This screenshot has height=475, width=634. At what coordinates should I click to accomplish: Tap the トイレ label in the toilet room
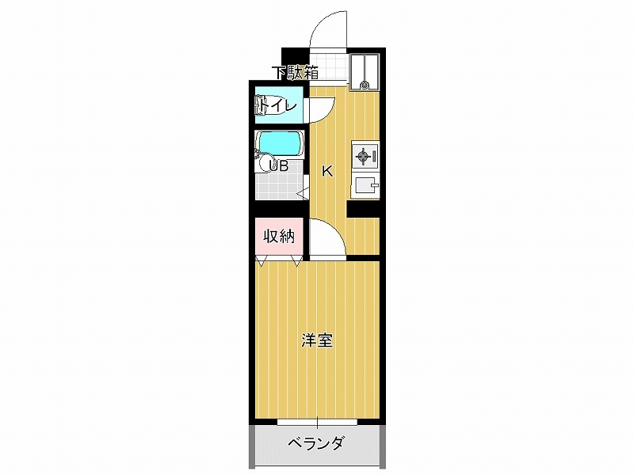[x=279, y=106]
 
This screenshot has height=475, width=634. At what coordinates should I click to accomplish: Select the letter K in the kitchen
[x=327, y=172]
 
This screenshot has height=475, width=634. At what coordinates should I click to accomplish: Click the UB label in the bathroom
[x=279, y=165]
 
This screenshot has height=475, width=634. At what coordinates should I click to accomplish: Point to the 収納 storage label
[x=279, y=236]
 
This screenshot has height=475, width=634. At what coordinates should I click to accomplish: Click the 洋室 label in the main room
[x=318, y=340]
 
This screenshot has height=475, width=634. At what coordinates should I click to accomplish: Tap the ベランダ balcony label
[x=315, y=443]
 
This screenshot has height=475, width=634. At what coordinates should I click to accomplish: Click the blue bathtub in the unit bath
[x=280, y=144]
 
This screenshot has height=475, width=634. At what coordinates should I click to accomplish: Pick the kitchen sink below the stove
[x=365, y=186]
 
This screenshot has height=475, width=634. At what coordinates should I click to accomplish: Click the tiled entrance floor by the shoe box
[x=328, y=67]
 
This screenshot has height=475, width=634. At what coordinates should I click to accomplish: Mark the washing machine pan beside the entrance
[x=365, y=71]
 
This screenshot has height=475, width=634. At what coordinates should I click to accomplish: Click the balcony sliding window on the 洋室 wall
[x=318, y=422]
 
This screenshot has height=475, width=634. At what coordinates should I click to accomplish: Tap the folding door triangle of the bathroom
[x=303, y=193]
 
